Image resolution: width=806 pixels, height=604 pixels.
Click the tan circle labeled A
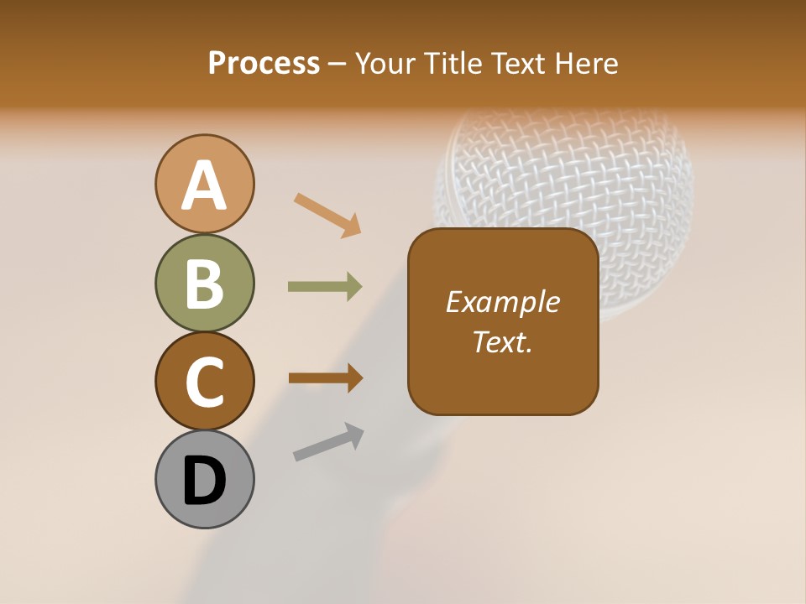point(204,184)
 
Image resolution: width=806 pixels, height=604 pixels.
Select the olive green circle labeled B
point(204,283)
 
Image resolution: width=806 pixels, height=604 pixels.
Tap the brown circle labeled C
point(204,382)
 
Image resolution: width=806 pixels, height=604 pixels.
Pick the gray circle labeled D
point(204,480)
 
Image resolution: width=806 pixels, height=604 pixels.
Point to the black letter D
point(204,481)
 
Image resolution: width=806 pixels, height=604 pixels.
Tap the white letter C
point(204,383)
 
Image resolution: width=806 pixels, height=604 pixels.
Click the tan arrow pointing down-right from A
point(327,214)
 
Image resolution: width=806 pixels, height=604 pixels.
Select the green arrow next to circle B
point(325,287)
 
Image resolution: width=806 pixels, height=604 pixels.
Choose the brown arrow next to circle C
point(325,377)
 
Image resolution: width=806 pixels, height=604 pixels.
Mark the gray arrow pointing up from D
point(328,442)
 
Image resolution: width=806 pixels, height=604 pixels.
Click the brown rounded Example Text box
point(503,369)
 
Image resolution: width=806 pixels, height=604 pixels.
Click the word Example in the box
point(502,302)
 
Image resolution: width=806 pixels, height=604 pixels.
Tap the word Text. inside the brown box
point(502,341)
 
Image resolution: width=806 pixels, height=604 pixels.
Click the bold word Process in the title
point(264,63)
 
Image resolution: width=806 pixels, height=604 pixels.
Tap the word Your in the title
point(384,63)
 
